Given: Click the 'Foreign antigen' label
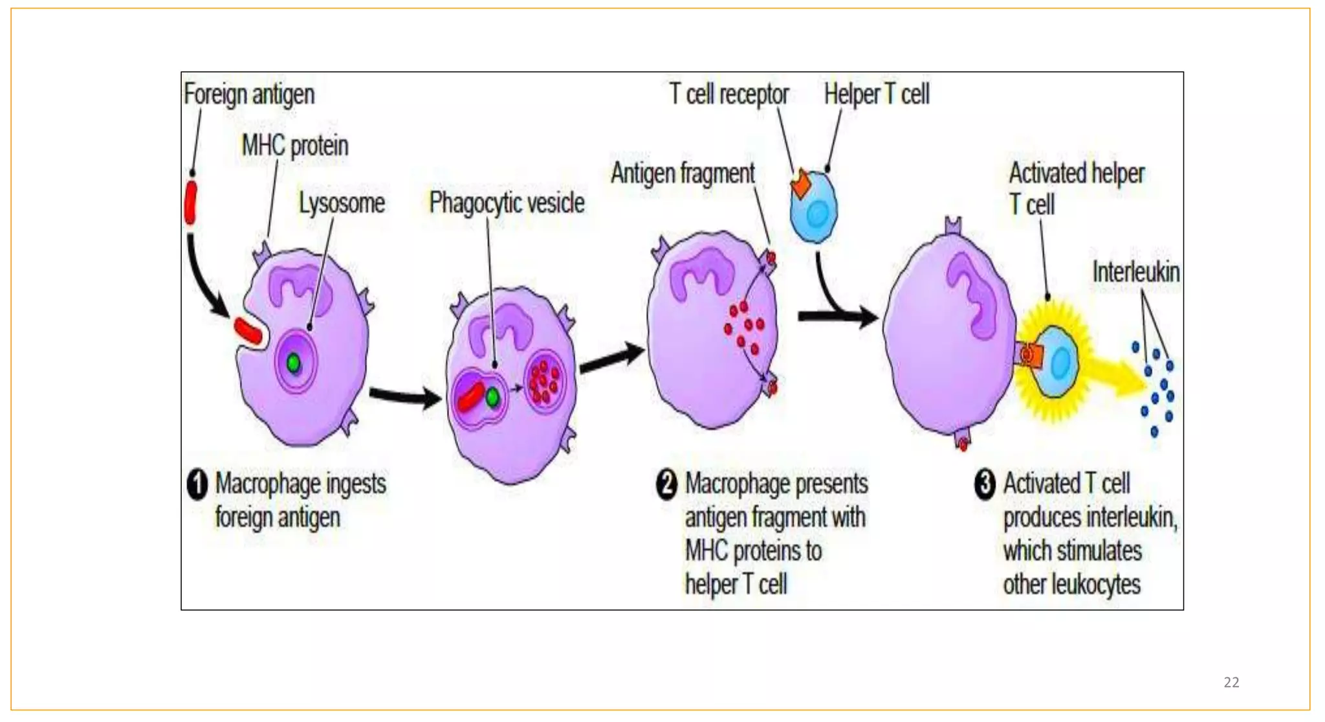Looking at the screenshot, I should [x=249, y=95].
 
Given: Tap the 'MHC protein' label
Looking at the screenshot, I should [x=295, y=146].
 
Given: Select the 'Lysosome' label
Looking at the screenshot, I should [x=342, y=203].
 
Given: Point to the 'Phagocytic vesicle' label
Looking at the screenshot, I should [x=507, y=203].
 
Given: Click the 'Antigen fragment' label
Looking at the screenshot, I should [x=683, y=174].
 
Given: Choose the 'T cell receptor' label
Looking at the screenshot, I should [x=729, y=95].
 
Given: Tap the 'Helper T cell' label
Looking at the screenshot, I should [x=877, y=95].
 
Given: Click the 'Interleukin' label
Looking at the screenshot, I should [x=1136, y=272].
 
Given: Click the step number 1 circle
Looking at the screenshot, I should [x=197, y=484].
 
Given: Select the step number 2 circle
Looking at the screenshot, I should [x=666, y=484].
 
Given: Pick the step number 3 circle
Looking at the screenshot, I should [x=985, y=484].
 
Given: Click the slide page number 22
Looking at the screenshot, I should [x=1231, y=683].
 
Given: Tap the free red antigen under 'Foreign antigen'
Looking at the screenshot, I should [x=191, y=203].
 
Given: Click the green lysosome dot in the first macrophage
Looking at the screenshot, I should [x=294, y=363].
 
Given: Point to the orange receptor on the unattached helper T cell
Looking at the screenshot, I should [x=801, y=184].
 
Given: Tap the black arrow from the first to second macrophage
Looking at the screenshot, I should [x=405, y=395].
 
